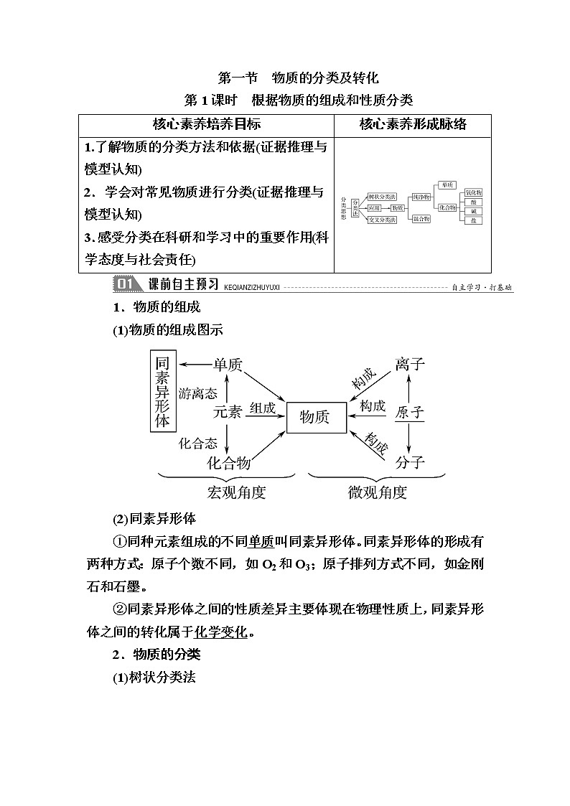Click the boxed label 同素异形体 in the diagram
163,391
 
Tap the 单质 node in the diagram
228,365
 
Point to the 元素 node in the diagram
228,413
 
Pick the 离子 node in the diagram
410,365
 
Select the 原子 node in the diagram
410,413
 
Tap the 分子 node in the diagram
410,462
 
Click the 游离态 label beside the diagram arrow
198,393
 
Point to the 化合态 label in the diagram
198,444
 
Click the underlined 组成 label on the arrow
263,408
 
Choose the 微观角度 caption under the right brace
378,492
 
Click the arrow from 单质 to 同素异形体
194,365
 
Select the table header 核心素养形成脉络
413,124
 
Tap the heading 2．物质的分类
156,655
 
